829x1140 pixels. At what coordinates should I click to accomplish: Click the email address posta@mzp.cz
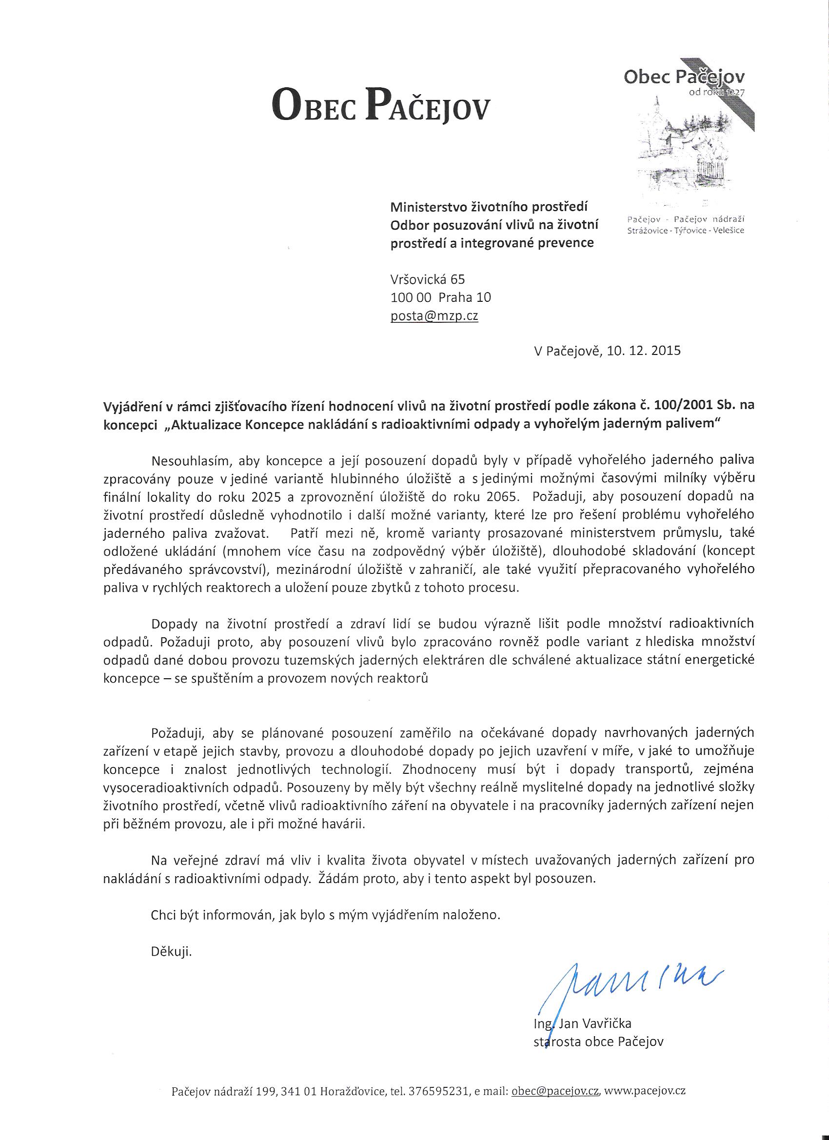[x=434, y=316]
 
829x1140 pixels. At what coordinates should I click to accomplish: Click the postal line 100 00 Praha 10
[x=440, y=297]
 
